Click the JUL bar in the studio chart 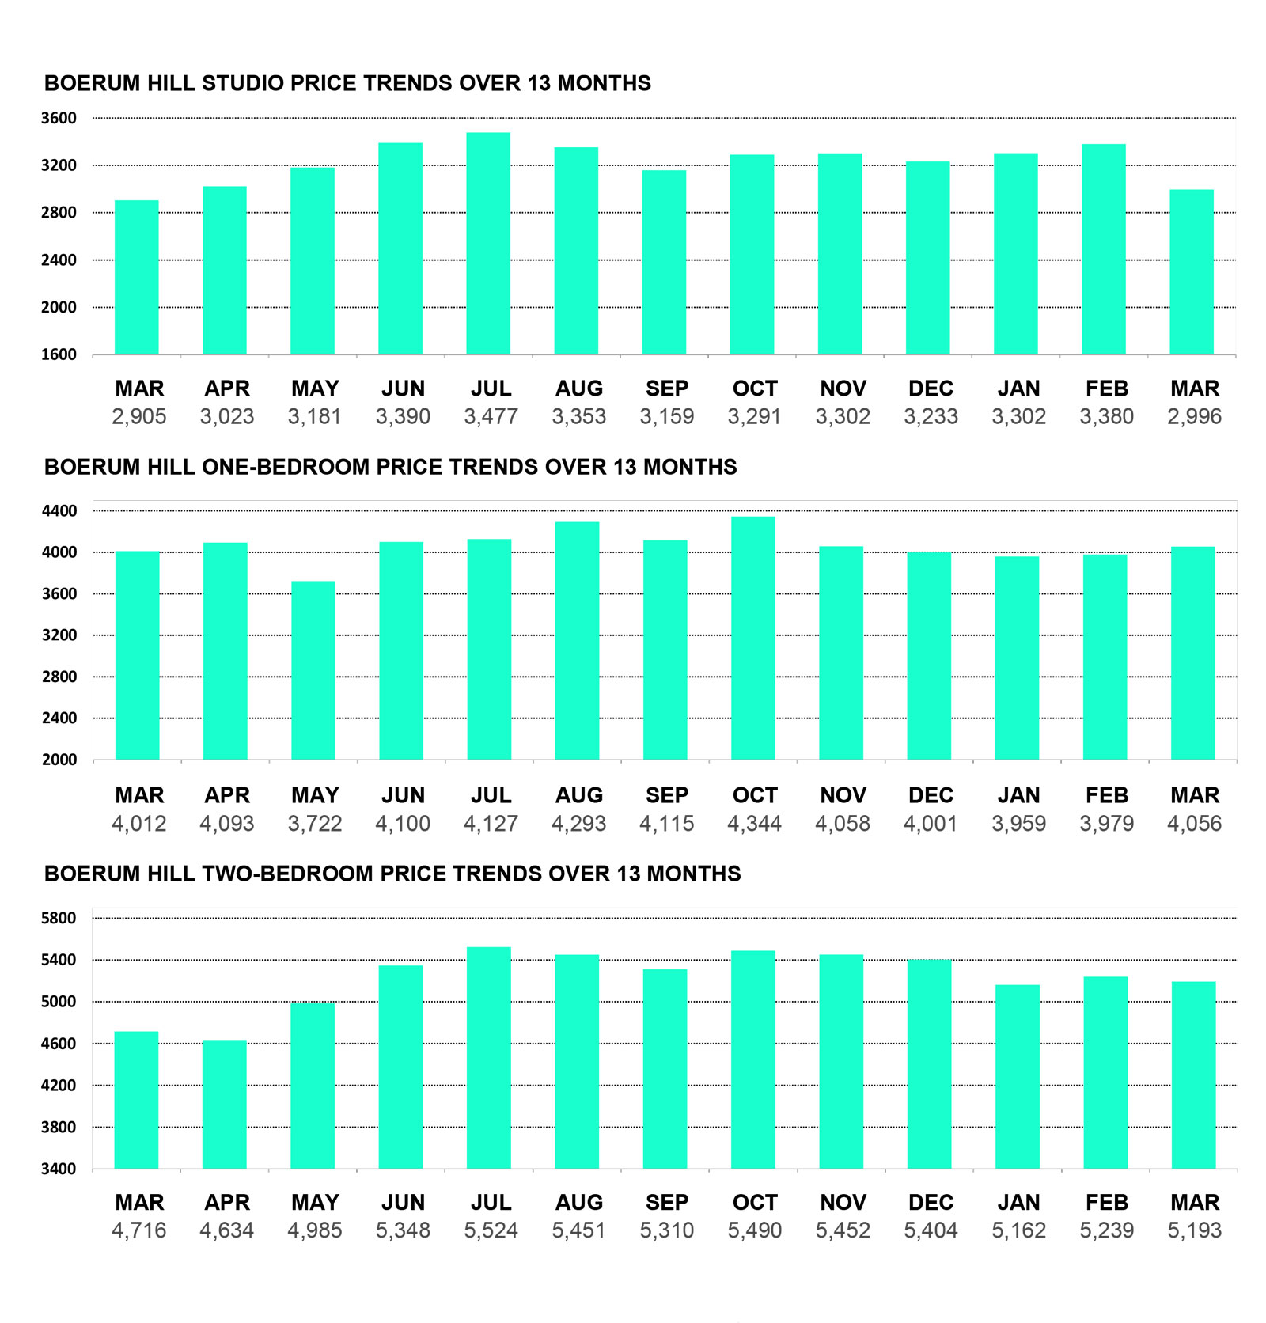488,244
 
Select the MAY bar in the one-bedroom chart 313,670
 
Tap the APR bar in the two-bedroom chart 225,1104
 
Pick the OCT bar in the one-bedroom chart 753,638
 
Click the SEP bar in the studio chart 664,263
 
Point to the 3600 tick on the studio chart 59,119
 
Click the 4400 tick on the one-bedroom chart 59,511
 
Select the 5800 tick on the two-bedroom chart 59,919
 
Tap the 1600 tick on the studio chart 59,354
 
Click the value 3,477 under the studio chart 491,417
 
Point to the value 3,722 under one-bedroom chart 315,825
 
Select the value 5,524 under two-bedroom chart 491,1231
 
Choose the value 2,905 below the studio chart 139,417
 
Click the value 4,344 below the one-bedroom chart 755,825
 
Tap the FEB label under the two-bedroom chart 1106,1203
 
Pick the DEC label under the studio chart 931,389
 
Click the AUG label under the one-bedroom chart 579,795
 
